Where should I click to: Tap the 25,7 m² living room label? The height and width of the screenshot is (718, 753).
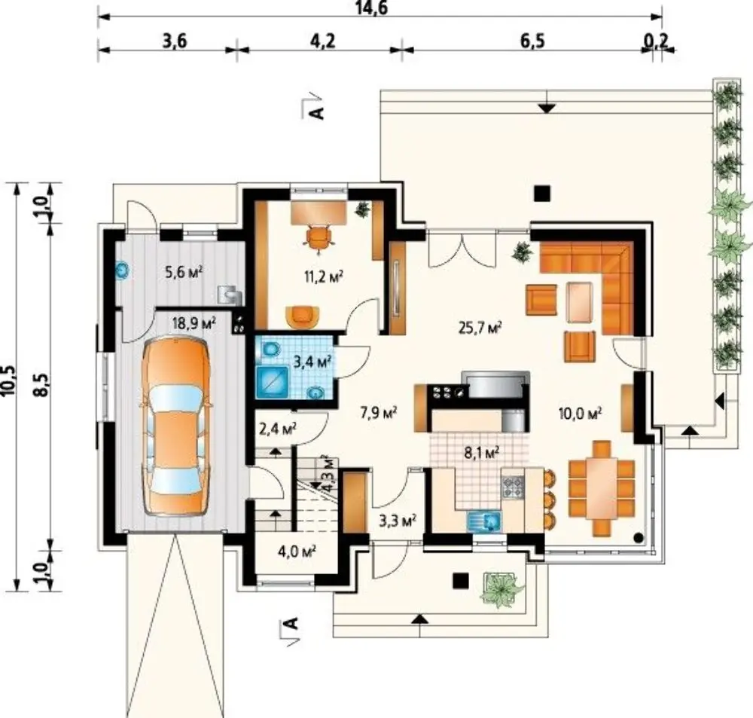[480, 328]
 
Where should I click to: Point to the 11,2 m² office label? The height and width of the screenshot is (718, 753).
[323, 277]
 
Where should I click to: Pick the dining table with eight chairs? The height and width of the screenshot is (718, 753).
[601, 487]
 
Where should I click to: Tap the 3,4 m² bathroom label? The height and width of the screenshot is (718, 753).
[312, 362]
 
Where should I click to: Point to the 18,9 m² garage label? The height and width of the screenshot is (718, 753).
[194, 323]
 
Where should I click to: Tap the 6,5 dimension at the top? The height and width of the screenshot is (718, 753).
[532, 41]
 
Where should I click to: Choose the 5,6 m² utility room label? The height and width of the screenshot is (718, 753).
[184, 273]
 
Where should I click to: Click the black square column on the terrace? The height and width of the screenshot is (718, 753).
[542, 193]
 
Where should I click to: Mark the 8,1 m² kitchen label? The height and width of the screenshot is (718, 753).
[482, 453]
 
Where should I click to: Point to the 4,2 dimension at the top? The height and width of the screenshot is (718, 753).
[322, 41]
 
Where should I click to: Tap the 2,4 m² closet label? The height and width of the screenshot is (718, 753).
[278, 428]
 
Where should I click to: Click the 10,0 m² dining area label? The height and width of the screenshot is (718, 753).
[581, 412]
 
